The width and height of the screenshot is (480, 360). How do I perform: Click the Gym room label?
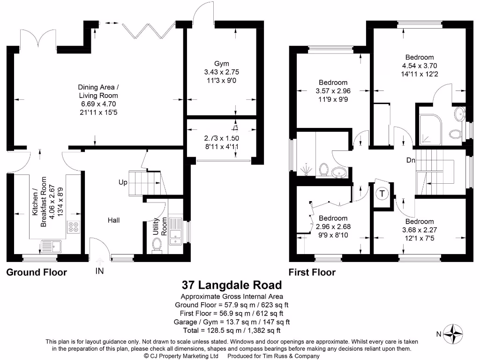click(x=222, y=64)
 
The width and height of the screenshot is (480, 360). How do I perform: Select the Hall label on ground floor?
click(x=114, y=219)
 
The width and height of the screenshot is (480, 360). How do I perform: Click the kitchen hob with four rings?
click(x=74, y=227)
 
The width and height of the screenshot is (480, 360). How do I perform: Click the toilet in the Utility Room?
click(x=157, y=244)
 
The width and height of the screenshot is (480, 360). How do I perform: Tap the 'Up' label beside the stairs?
click(x=123, y=182)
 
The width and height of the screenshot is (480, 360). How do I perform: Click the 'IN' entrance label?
click(x=99, y=271)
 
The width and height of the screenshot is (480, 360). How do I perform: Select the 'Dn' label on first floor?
click(x=411, y=160)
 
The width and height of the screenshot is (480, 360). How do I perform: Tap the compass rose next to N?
click(x=453, y=334)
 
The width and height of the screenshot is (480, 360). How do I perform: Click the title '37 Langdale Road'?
click(x=232, y=285)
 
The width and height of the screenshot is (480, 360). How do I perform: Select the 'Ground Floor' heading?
click(x=37, y=272)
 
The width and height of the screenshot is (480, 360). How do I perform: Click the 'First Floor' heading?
click(x=312, y=272)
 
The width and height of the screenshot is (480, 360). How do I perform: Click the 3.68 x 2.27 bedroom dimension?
click(x=420, y=230)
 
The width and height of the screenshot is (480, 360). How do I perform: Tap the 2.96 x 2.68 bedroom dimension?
click(x=333, y=226)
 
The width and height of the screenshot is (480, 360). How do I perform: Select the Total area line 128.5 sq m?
click(x=232, y=330)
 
